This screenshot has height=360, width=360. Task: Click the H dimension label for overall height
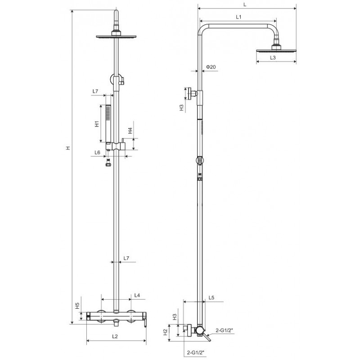pos(68,148)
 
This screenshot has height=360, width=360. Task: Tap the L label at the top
pos(245,4)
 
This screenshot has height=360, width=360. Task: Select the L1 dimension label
pos(239,17)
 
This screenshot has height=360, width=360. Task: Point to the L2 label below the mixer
pos(115,336)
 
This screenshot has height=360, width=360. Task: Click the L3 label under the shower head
pos(273,58)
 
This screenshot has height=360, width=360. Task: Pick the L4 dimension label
pos(137,295)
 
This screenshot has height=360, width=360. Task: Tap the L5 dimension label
pos(211,297)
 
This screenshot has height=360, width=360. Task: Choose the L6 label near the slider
pos(97,153)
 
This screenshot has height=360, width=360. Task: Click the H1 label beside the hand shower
pos(97,124)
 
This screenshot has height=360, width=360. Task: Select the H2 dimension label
pos(166,332)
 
